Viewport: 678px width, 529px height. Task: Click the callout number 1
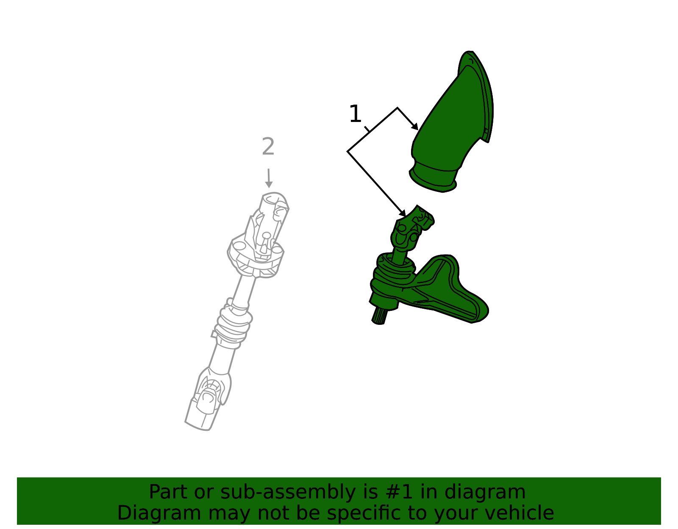[x=355, y=114]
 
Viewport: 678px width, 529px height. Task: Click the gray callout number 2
[x=268, y=147]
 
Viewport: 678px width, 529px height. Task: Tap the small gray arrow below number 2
[x=269, y=178]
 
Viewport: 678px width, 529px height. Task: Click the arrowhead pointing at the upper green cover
[x=415, y=126]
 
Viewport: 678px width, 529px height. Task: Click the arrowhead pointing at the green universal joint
[x=403, y=213]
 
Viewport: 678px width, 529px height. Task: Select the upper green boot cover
[x=453, y=122]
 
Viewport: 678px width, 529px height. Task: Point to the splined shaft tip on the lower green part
[x=379, y=316]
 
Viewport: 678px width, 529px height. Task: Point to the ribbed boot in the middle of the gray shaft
[x=234, y=324]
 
